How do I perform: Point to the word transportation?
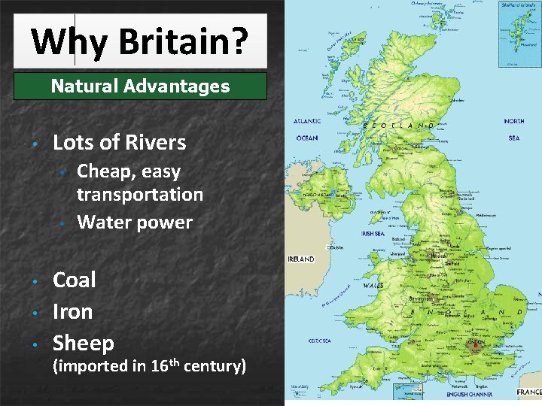click(x=140, y=195)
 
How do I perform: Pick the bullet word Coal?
click(x=75, y=280)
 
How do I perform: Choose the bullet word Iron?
click(x=73, y=312)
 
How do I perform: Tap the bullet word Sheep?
click(x=84, y=344)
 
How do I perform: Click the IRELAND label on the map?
click(x=301, y=259)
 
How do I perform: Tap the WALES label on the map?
click(x=373, y=286)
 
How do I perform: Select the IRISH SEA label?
click(x=373, y=234)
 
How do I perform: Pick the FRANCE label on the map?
click(x=528, y=392)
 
